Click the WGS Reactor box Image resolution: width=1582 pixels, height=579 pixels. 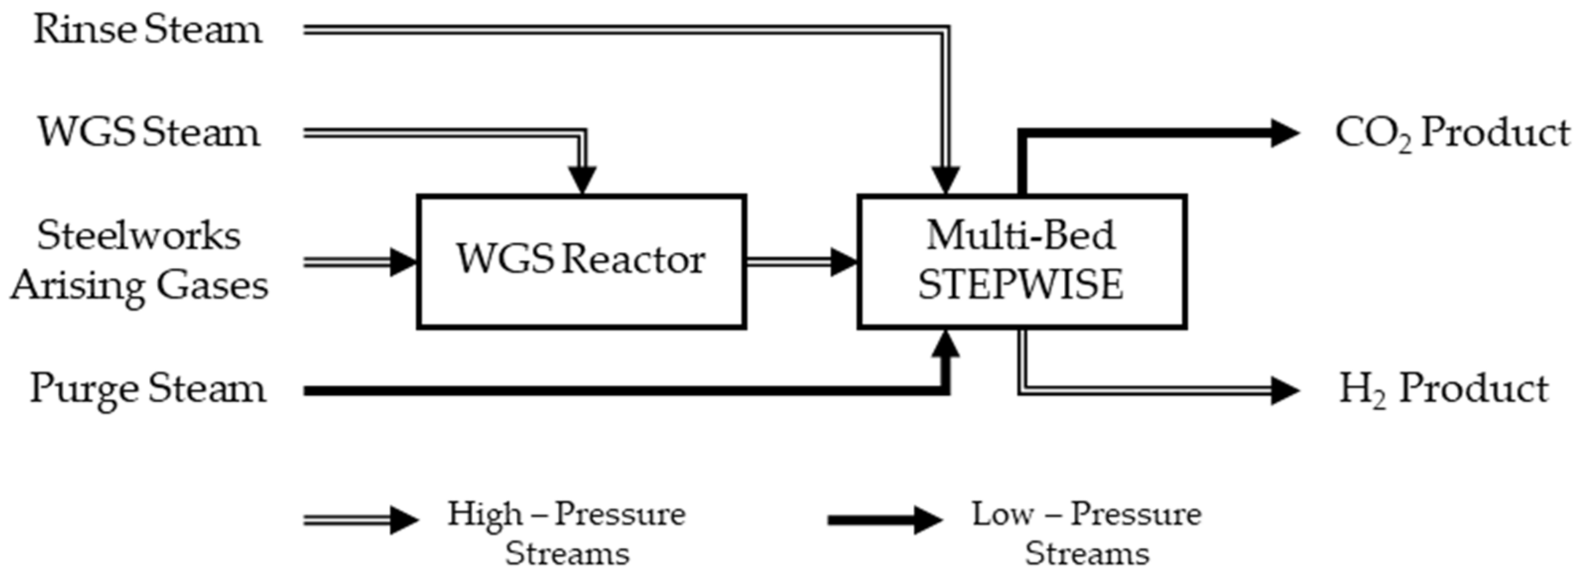[581, 261]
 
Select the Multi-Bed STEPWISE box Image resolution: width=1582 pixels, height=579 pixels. [1022, 261]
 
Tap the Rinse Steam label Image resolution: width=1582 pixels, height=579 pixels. [147, 30]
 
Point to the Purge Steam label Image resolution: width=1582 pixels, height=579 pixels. [148, 389]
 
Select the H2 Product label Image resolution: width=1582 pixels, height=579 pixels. [1444, 389]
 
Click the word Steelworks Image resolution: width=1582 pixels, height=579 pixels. [138, 236]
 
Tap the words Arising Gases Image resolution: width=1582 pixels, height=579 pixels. [140, 286]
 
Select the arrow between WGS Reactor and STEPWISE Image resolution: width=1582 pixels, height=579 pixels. [801, 262]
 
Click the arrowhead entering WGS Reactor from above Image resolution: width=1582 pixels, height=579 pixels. [583, 179]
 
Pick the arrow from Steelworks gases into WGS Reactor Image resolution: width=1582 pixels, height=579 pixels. [359, 262]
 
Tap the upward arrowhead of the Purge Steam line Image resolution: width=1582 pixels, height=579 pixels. [947, 344]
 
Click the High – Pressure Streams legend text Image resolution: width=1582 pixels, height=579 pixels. [567, 533]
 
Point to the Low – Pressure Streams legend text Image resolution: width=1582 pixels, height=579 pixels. [1086, 533]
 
